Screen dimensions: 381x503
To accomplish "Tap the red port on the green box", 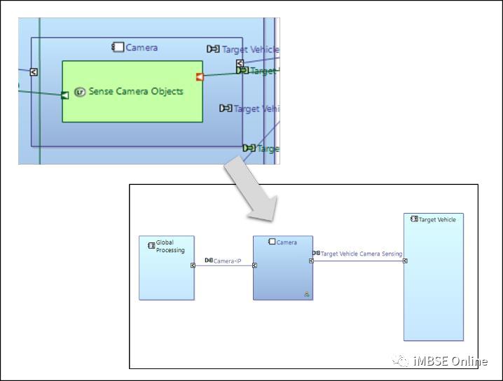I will point(200,77).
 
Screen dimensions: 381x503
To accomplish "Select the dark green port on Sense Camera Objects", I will point(65,95).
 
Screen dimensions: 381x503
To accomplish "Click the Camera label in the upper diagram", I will point(142,48).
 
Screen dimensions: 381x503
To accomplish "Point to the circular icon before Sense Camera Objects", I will point(80,92).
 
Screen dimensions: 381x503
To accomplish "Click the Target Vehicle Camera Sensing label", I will point(361,254).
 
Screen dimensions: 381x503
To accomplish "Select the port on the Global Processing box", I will point(193,265).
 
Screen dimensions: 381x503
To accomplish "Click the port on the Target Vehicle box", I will point(405,261).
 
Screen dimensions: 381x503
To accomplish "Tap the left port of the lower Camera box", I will point(254,265).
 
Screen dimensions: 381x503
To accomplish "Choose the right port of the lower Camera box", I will point(311,261).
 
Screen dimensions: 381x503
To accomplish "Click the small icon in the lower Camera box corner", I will point(307,294).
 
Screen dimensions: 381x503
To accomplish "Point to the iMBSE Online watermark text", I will point(448,361).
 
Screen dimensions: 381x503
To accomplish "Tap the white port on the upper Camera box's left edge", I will point(34,71).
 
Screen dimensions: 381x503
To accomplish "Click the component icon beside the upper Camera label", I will point(118,48).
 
